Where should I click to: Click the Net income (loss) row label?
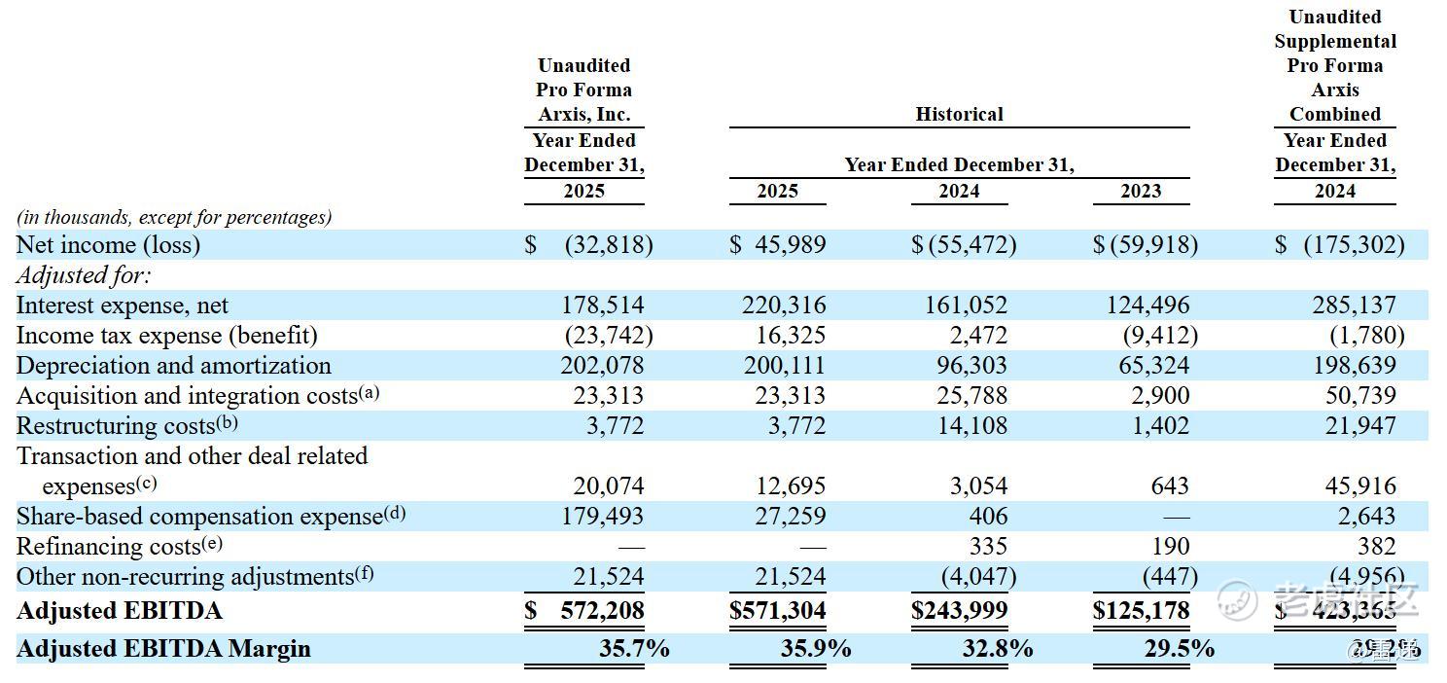[x=108, y=244]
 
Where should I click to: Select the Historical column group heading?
[x=959, y=114]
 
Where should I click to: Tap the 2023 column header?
[x=1141, y=191]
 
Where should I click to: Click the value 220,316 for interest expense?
[x=784, y=306]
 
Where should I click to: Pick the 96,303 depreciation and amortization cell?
[x=966, y=366]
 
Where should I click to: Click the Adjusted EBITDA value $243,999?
[x=959, y=611]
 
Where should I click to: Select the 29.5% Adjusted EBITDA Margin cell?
[x=1179, y=648]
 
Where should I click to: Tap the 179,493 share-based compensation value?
[x=602, y=517]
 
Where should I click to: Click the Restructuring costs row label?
[x=115, y=426]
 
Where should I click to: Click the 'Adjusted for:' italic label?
[x=84, y=275]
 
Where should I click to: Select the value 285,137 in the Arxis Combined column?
[x=1354, y=306]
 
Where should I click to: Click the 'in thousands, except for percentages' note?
[x=174, y=217]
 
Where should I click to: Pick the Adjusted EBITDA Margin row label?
[x=163, y=648]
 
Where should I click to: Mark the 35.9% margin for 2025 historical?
[x=815, y=648]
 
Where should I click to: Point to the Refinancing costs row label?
[x=108, y=547]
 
